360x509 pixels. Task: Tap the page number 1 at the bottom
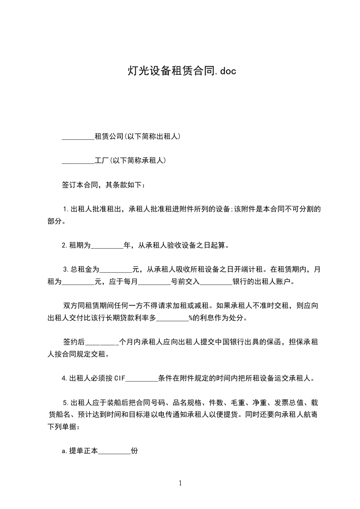pyautogui.click(x=180, y=483)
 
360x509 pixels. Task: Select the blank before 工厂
pyautogui.click(x=78, y=160)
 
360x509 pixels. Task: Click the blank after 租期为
pyautogui.click(x=107, y=246)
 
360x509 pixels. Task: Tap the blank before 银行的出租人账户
pyautogui.click(x=216, y=282)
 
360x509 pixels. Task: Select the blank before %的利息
pyautogui.click(x=172, y=318)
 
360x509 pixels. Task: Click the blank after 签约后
pyautogui.click(x=102, y=342)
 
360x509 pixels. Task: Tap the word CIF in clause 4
pyautogui.click(x=119, y=378)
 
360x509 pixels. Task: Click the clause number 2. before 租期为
pyautogui.click(x=65, y=246)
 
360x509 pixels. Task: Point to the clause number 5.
pyautogui.click(x=66, y=402)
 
